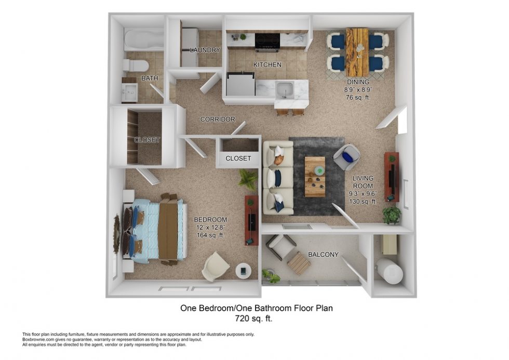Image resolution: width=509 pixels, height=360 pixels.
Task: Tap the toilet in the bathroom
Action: tap(136, 65)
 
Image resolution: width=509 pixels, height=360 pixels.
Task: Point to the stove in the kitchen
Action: tap(268, 41)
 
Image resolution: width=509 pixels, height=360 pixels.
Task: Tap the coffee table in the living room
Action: tap(315, 176)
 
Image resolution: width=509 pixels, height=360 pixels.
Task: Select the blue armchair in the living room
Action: tap(347, 156)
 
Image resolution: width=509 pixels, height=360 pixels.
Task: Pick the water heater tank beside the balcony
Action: tap(390, 271)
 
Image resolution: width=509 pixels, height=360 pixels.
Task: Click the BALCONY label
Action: tap(323, 255)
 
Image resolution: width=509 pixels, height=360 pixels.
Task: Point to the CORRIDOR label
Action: tap(218, 119)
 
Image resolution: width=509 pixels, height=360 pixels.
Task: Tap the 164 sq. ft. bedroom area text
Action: tap(210, 235)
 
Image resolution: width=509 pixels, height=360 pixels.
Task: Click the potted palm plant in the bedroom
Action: tap(248, 180)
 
